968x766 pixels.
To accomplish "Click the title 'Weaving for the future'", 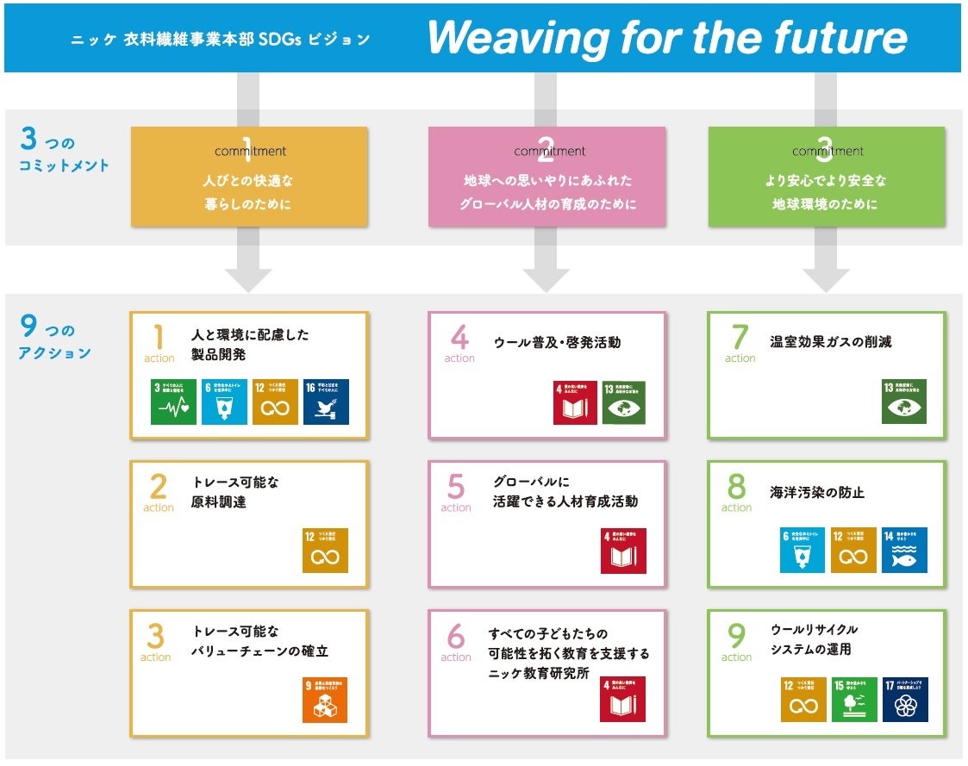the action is click(x=666, y=38).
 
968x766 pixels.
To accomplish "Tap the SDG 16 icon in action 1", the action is click(x=326, y=402).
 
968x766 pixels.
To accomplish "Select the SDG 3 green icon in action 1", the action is click(x=173, y=402).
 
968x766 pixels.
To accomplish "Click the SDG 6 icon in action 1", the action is click(x=224, y=402).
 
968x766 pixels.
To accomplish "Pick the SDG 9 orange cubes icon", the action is click(x=325, y=700).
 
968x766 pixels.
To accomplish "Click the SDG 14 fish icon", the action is click(x=904, y=551).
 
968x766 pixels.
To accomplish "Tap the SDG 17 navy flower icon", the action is click(x=905, y=700).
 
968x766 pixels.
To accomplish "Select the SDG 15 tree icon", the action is click(x=853, y=700).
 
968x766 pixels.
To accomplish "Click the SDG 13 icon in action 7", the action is click(x=903, y=402).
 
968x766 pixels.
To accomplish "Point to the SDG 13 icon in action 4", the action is click(x=623, y=402).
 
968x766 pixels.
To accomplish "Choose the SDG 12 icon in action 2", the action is click(x=325, y=551).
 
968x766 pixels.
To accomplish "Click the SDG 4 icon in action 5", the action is click(x=623, y=551).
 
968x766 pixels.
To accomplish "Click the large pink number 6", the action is click(x=455, y=637).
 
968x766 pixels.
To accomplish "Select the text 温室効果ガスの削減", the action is click(x=830, y=341).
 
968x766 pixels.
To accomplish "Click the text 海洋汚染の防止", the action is click(x=816, y=493).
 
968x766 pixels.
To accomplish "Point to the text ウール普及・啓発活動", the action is click(x=556, y=342).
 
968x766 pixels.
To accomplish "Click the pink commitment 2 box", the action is click(x=546, y=177).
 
